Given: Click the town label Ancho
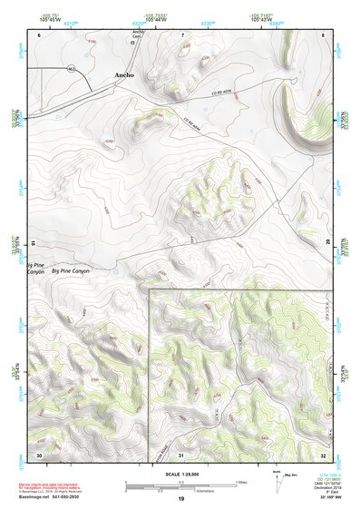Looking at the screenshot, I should (x=123, y=74).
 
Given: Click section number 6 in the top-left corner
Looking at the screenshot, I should (x=39, y=34).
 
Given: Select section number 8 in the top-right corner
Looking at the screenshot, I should (x=324, y=34).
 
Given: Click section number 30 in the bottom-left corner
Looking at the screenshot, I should (x=38, y=454).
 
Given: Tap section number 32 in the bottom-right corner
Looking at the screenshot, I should (x=323, y=454).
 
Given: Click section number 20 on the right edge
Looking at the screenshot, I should (x=328, y=241).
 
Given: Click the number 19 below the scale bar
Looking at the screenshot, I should (x=180, y=500).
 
